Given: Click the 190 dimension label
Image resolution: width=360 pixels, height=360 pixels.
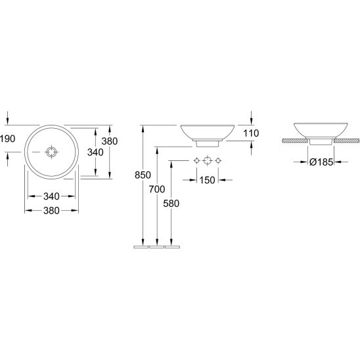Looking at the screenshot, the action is [x=8, y=139].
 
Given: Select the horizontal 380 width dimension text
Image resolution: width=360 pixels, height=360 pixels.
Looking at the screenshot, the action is [x=51, y=210].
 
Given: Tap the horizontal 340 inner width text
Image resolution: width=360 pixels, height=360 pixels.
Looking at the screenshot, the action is [x=51, y=196].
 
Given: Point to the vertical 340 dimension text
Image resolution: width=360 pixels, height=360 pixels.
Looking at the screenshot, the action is [x=95, y=152].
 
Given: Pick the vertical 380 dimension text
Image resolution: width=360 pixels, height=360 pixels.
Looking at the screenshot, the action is [x=110, y=141].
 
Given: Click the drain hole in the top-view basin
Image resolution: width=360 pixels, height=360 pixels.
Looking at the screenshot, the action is [x=51, y=152].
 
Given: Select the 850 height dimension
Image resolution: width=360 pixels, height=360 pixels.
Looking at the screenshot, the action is [x=143, y=175].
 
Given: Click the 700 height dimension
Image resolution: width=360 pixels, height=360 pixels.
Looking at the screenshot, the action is [x=157, y=189].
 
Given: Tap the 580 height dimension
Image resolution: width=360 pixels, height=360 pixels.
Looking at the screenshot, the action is [x=171, y=204].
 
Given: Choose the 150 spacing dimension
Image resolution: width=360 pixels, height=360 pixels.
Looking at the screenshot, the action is [x=207, y=180].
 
